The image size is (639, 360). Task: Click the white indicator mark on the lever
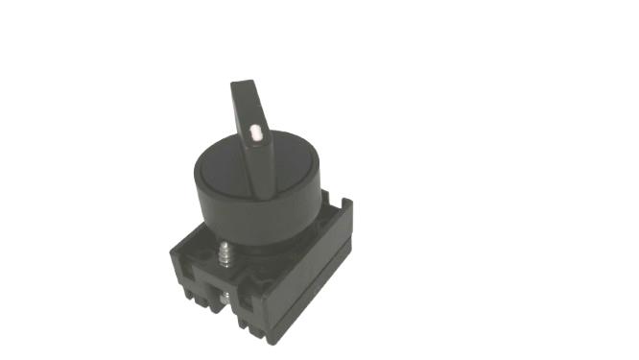[x=256, y=134]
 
